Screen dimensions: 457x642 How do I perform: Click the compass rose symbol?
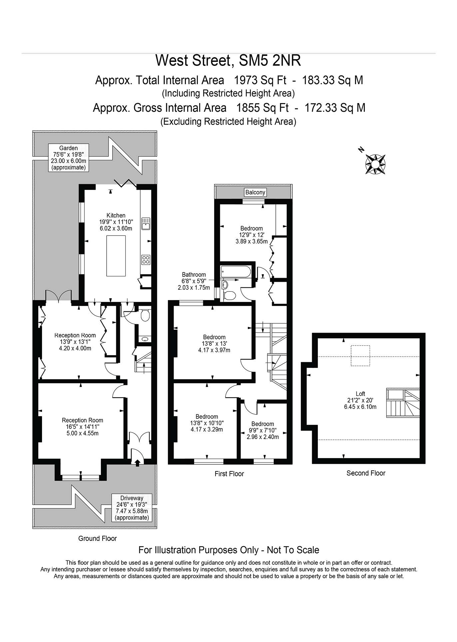[x=375, y=164]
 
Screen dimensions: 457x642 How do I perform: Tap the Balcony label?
[x=255, y=192]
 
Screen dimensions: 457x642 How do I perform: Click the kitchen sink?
[x=146, y=224]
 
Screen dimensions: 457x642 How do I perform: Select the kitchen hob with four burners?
[x=146, y=259]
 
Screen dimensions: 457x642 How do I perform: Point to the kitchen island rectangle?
[x=116, y=256]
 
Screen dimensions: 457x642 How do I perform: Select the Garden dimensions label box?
[x=69, y=158]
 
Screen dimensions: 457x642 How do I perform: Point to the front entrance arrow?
[x=138, y=462]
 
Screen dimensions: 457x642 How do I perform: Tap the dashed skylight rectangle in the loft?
[x=360, y=356]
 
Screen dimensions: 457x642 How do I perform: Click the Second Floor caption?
[x=366, y=473]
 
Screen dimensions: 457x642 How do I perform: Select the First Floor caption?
[x=229, y=474]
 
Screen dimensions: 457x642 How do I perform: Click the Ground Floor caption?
[x=98, y=538]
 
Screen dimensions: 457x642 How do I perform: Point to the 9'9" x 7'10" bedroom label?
[x=263, y=430]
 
